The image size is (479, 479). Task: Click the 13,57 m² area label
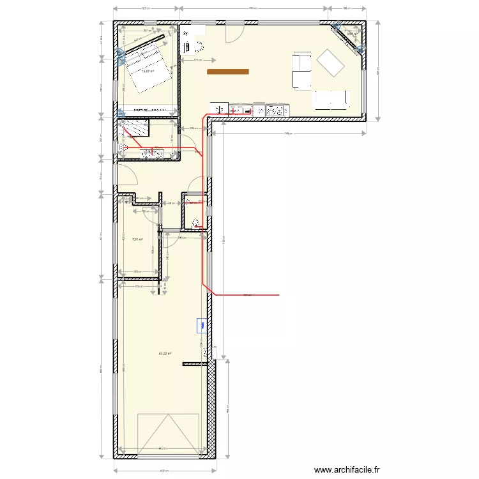click(x=148, y=72)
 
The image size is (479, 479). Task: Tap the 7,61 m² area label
click(x=137, y=240)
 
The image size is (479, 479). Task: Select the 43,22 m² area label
click(x=165, y=353)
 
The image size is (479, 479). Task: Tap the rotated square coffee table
click(x=330, y=63)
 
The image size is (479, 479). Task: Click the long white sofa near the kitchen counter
click(x=331, y=99)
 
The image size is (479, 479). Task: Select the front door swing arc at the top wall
click(x=234, y=33)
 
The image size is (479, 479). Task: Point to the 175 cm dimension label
click(x=197, y=61)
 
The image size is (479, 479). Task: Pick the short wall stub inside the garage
click(x=195, y=364)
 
